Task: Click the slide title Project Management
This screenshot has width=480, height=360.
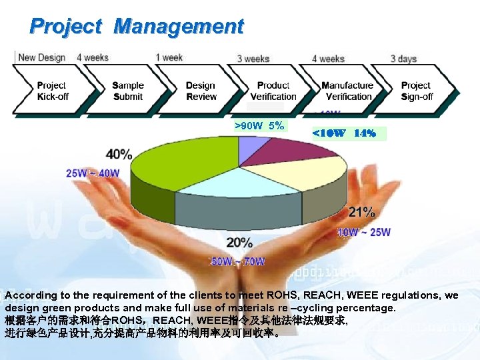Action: [137, 27]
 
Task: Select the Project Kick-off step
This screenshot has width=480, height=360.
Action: [52, 91]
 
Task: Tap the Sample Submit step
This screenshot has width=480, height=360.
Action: [127, 91]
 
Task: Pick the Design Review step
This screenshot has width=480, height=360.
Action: [201, 91]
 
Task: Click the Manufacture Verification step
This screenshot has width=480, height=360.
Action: [347, 91]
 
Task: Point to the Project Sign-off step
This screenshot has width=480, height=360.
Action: [417, 91]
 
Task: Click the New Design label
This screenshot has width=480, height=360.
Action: [41, 58]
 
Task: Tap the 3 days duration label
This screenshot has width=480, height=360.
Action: [403, 59]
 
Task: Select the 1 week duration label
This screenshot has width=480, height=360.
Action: [169, 58]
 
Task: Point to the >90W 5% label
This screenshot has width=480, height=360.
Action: [259, 125]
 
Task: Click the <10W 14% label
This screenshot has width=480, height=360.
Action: [344, 133]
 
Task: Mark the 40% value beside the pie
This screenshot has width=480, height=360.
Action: [119, 154]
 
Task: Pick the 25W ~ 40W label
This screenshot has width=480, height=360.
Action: [93, 173]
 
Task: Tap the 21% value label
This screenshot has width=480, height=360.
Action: [361, 213]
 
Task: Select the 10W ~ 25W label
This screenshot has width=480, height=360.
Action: [364, 232]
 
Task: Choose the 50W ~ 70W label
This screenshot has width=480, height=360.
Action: [238, 261]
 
